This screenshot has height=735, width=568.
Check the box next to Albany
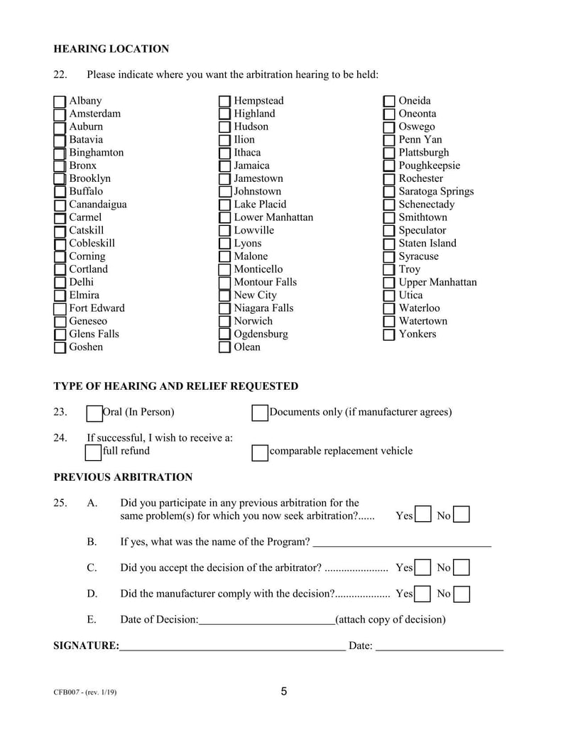pyautogui.click(x=60, y=102)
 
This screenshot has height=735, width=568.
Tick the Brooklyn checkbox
pyautogui.click(x=60, y=179)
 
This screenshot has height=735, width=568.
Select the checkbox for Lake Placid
pyautogui.click(x=224, y=205)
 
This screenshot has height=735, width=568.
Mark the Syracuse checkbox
pyautogui.click(x=389, y=257)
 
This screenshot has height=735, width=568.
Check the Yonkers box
pyautogui.click(x=389, y=334)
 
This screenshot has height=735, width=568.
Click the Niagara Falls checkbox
pyautogui.click(x=224, y=309)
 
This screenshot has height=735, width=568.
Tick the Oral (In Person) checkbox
pyautogui.click(x=94, y=413)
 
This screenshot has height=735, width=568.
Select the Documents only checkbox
pyautogui.click(x=260, y=413)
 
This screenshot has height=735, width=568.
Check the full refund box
pyautogui.click(x=93, y=452)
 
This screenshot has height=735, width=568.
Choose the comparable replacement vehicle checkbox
pyautogui.click(x=260, y=452)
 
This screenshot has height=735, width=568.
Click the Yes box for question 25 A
pyautogui.click(x=422, y=515)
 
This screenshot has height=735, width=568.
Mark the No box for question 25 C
pyautogui.click(x=461, y=567)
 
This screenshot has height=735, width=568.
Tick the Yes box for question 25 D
pyautogui.click(x=422, y=594)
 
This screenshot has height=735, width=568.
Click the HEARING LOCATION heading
pyautogui.click(x=111, y=49)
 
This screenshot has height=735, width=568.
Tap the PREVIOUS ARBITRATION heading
pyautogui.click(x=123, y=477)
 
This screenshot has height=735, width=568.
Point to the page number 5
pyautogui.click(x=284, y=692)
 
